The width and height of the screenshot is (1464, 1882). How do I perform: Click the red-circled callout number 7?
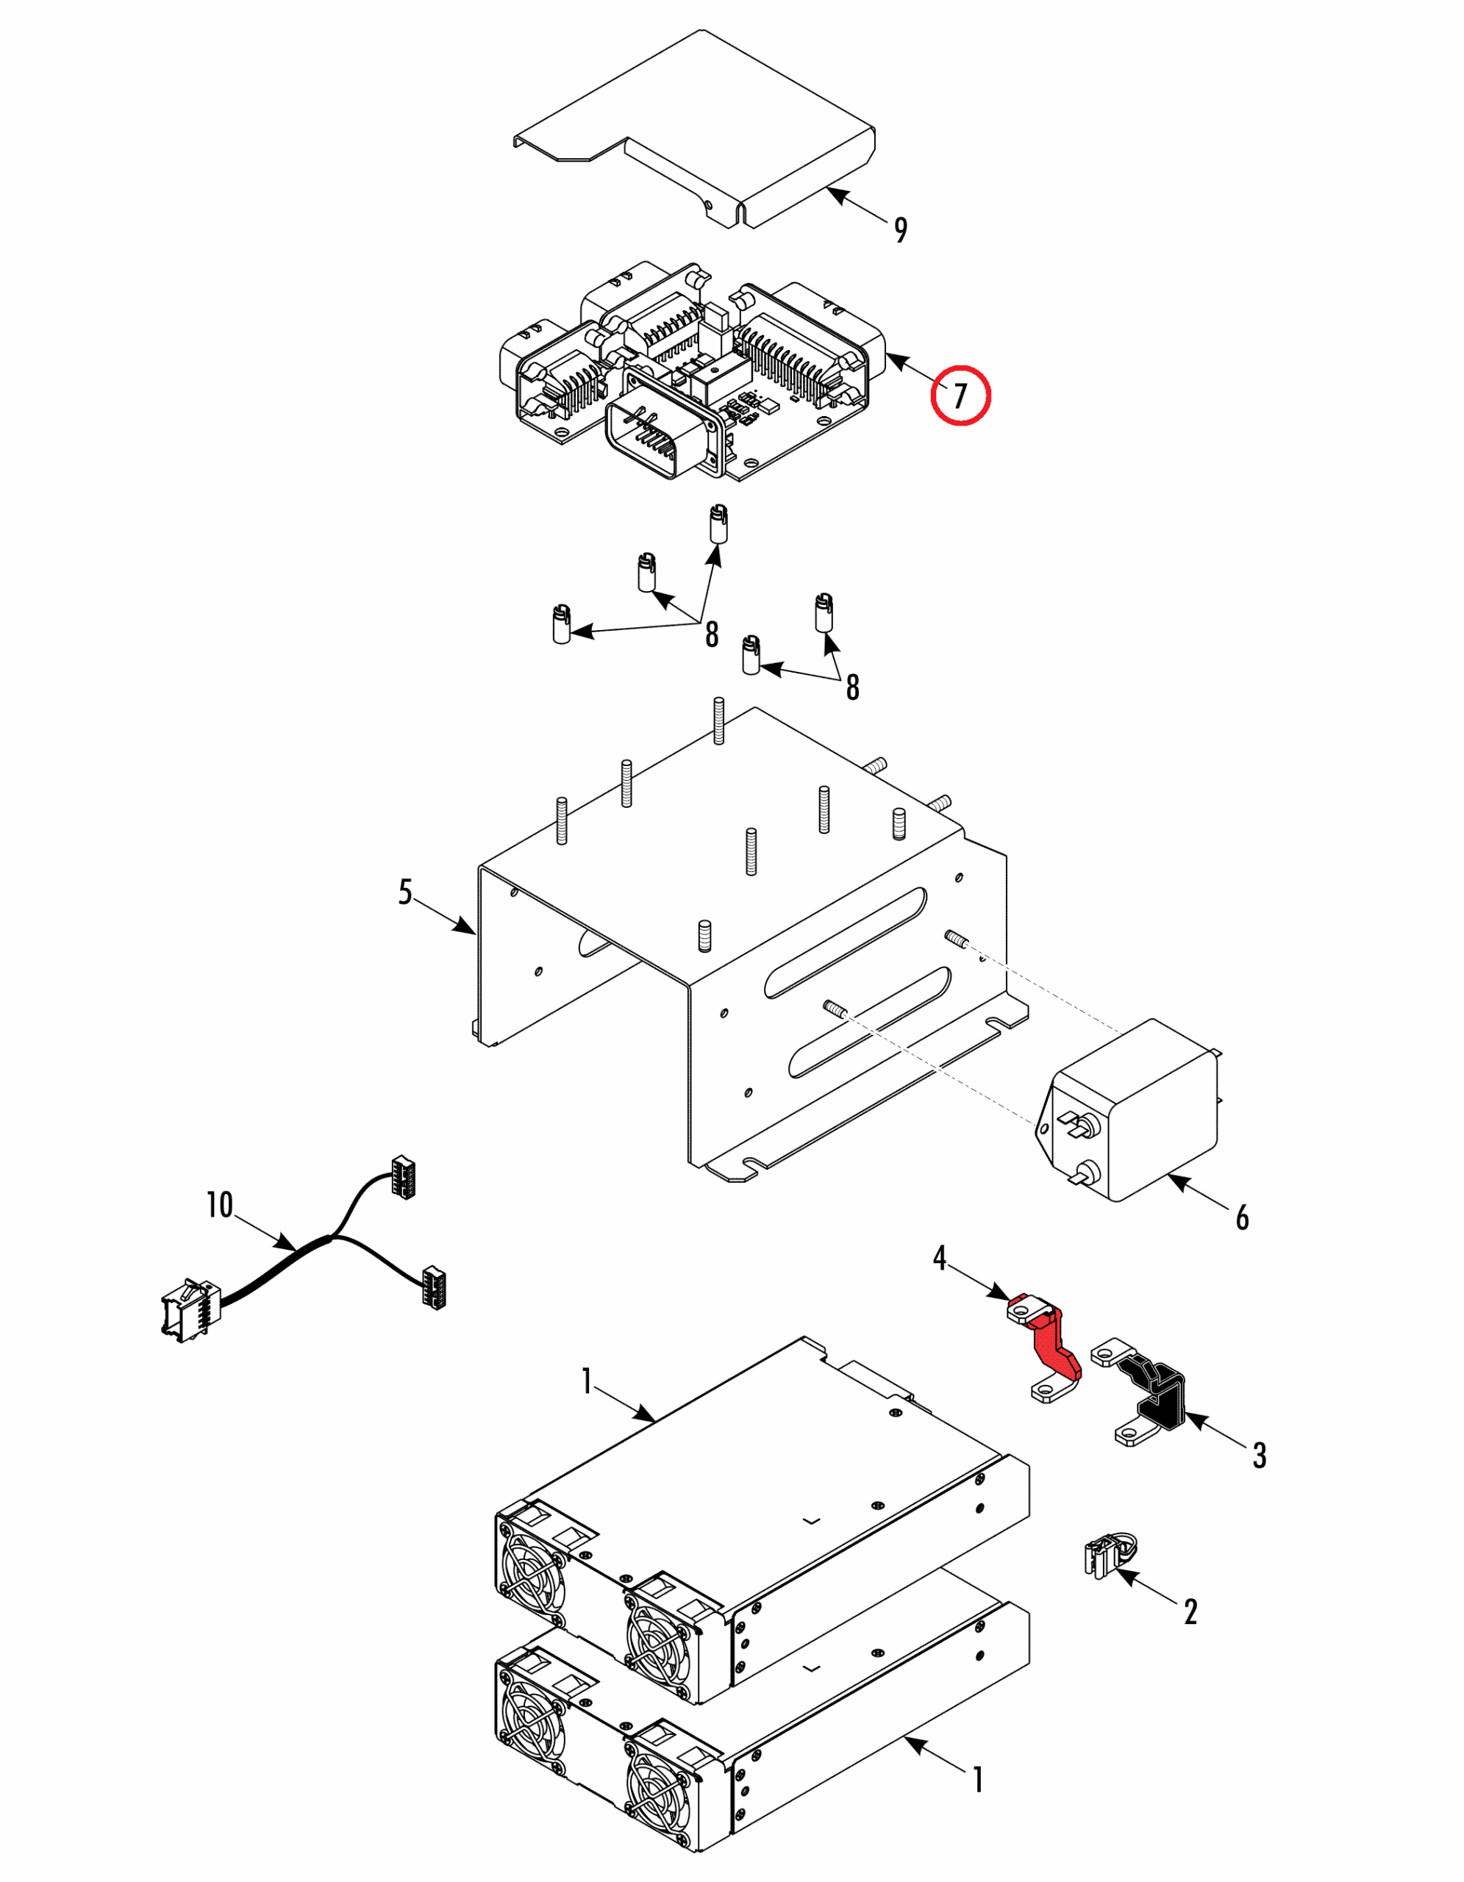point(960,396)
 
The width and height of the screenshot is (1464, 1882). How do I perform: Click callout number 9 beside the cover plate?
point(901,229)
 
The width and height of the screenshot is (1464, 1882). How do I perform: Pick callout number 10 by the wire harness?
point(220,1205)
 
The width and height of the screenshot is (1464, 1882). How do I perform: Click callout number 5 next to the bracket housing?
point(405,892)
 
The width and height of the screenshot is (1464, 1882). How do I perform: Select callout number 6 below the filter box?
point(1242,1217)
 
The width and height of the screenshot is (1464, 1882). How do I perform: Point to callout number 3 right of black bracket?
point(1259,1456)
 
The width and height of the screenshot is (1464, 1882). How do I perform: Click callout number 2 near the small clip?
point(1190,1611)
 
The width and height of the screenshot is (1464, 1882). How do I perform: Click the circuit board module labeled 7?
point(689,371)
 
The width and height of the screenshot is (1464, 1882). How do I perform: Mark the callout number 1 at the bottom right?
point(978,1780)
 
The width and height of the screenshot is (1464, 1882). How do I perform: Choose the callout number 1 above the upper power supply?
point(587,1381)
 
